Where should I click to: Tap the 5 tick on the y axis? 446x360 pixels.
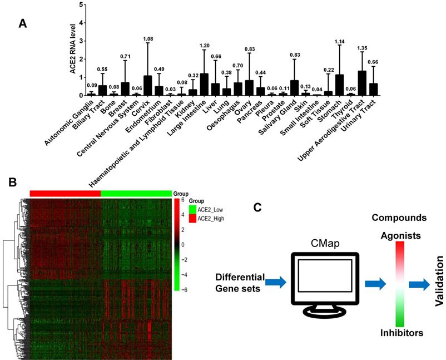click(x=82, y=5)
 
